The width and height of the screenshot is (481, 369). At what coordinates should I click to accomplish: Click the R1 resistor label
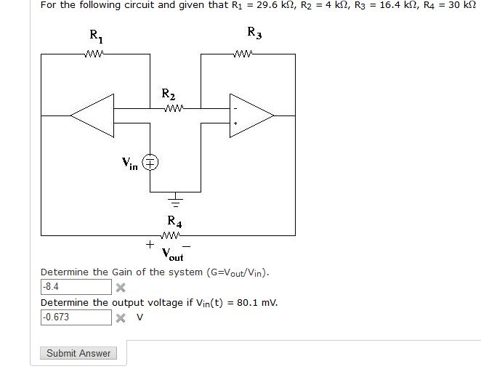(96, 36)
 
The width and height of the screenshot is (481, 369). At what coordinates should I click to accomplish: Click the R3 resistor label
(254, 32)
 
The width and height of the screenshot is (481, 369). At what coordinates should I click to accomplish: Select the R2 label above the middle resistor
(168, 94)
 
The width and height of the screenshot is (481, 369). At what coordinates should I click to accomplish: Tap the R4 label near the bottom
(174, 220)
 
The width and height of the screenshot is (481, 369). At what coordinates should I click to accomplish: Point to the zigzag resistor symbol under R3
(243, 53)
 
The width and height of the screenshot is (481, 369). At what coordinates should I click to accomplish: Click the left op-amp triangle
(92, 114)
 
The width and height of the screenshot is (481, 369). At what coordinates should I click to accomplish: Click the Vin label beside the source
(130, 164)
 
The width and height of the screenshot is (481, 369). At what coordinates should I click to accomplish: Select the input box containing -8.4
(76, 287)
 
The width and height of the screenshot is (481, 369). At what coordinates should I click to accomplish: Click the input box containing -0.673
(76, 317)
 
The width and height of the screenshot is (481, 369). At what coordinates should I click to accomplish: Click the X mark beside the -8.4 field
(121, 288)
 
